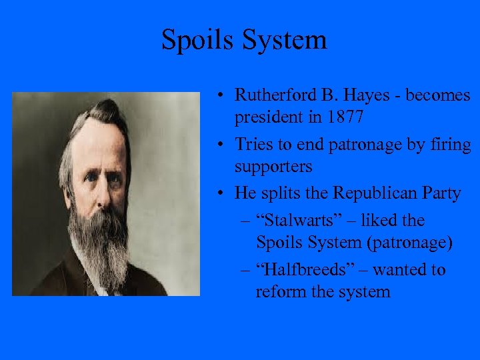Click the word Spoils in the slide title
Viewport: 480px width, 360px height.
pos(193,41)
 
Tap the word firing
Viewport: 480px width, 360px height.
pos(447,145)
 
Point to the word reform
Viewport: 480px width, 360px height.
pos(279,291)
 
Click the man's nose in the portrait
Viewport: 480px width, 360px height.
pos(101,190)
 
